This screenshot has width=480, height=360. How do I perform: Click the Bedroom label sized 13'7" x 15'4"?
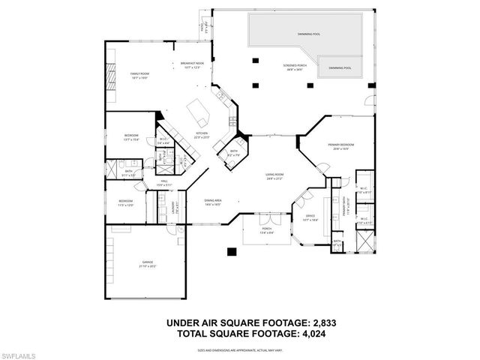132,137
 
